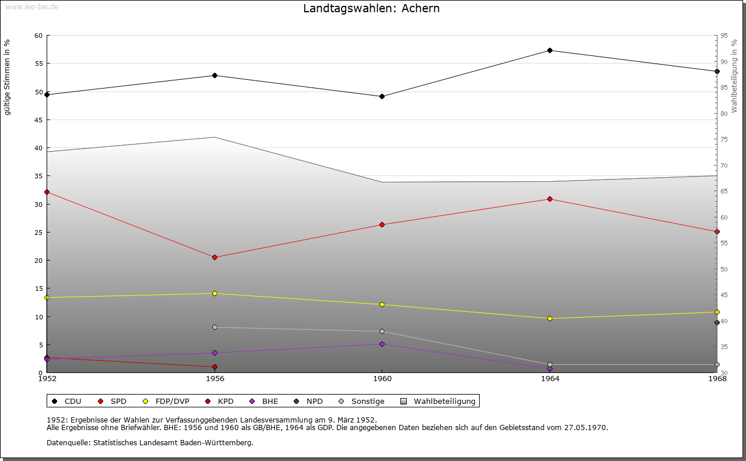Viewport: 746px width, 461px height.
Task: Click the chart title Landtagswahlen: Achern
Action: (371, 9)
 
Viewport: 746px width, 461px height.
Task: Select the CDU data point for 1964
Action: (550, 51)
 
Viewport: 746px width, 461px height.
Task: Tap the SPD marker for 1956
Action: (214, 257)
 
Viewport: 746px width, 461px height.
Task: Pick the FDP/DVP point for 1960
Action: (382, 305)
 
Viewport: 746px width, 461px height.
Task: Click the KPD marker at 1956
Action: (214, 367)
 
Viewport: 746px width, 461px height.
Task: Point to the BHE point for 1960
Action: (382, 344)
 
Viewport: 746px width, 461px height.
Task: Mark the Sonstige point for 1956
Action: (214, 328)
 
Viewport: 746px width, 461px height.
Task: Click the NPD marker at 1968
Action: (717, 323)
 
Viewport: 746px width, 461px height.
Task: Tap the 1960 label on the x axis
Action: (382, 379)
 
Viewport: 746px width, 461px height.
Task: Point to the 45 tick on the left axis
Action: (38, 120)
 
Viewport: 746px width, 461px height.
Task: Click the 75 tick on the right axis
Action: (723, 140)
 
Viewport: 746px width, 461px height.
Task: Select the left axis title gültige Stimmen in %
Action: (8, 78)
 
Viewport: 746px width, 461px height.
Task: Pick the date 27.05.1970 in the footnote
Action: (585, 428)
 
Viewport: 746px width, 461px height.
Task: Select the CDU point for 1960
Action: (382, 97)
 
